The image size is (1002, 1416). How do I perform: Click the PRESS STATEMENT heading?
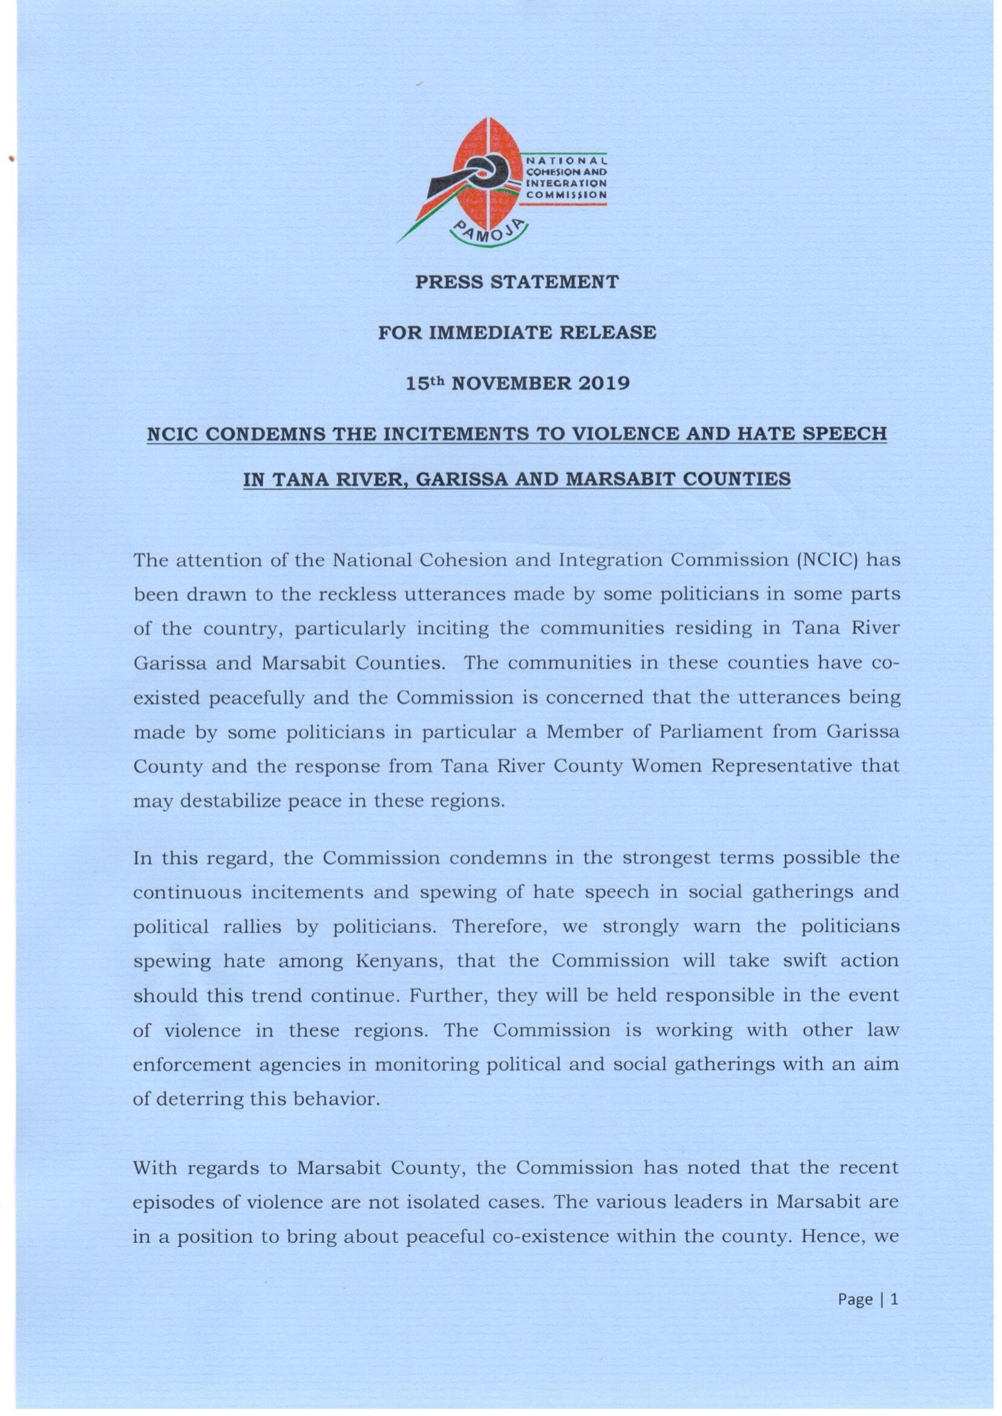coord(516,282)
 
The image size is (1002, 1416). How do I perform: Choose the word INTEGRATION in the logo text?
coord(565,183)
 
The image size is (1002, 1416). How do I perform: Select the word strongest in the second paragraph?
coord(668,858)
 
